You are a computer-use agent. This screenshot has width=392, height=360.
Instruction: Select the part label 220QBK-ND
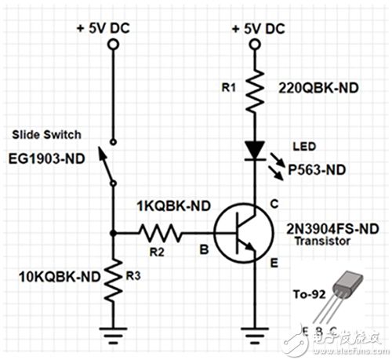314,88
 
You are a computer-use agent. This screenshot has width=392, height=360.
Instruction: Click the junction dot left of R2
114,232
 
